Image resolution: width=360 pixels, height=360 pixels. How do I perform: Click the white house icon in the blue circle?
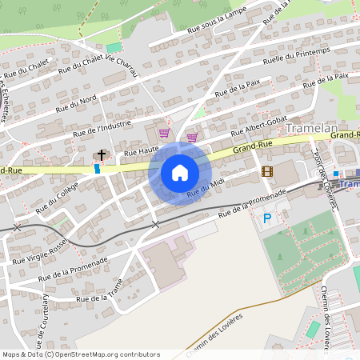click(x=180, y=172)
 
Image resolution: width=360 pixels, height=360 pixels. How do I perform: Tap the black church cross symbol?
click(x=102, y=154)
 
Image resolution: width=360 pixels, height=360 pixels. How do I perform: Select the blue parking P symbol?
click(x=268, y=216)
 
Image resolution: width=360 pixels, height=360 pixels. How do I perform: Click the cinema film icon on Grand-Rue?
click(x=266, y=170)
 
